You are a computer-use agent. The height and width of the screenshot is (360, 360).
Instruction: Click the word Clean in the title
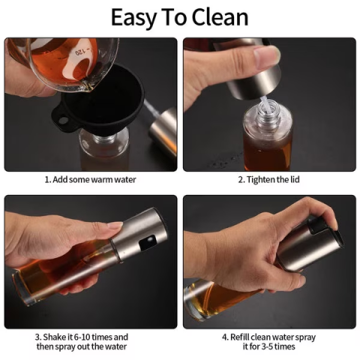(x=220, y=17)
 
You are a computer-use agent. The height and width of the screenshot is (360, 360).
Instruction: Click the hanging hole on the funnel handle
(x=63, y=120)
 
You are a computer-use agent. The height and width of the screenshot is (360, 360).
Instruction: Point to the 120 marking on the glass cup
(x=80, y=52)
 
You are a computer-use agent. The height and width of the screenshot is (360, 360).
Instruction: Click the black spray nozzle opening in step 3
(x=147, y=242)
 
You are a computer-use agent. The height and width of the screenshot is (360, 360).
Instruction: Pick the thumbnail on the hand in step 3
(x=115, y=226)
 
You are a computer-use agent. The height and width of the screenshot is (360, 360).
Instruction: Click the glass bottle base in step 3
(x=22, y=287)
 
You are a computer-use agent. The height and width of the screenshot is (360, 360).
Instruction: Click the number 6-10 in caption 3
(x=82, y=337)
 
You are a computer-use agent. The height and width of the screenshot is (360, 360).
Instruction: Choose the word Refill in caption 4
(x=240, y=337)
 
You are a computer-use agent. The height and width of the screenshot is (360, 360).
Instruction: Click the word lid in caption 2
(x=294, y=179)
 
